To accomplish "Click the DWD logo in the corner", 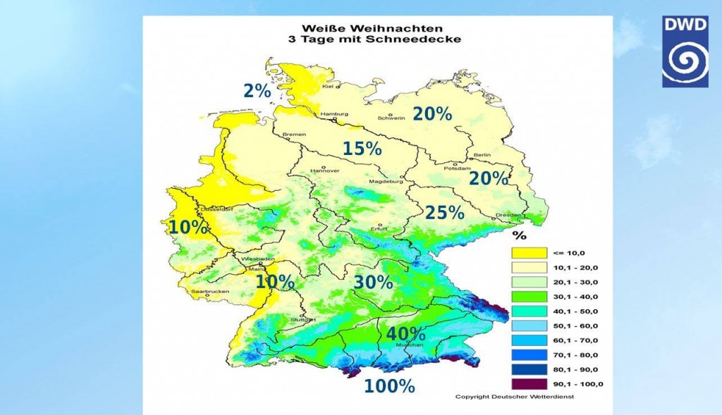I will (x=685, y=51).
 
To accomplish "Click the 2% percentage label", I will (x=257, y=91).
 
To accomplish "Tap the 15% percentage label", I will (x=362, y=149).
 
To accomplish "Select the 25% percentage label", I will (x=444, y=213).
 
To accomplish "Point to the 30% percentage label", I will (x=373, y=283).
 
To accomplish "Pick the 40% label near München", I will (x=405, y=333).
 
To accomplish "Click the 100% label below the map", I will (x=389, y=386).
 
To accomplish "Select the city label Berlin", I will (x=482, y=154).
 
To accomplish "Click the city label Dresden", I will (x=508, y=215).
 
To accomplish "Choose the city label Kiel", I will (x=327, y=87).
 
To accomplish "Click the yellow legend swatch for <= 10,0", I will (x=530, y=253).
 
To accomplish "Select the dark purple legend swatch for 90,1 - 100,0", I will (x=530, y=383).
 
